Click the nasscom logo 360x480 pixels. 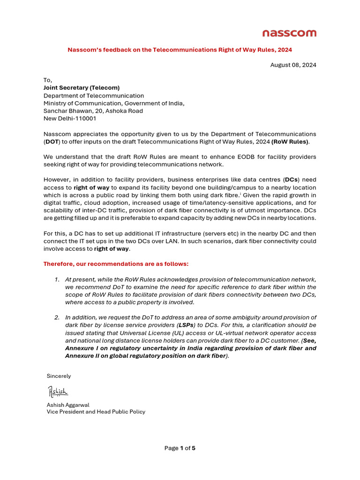click(289, 33)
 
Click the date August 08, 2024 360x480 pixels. click(293, 65)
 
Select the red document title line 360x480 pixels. click(180, 49)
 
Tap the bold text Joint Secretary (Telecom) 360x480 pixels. click(82, 88)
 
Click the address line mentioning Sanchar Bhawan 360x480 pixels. click(93, 111)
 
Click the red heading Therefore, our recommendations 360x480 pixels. click(116, 264)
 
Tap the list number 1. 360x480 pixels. click(56, 279)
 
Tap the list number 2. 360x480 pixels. click(56, 317)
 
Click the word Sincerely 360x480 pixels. click(59, 376)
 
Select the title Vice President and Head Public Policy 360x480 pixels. click(96, 412)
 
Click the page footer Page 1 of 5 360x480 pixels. click(180, 448)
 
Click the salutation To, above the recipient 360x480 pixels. click(48, 80)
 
